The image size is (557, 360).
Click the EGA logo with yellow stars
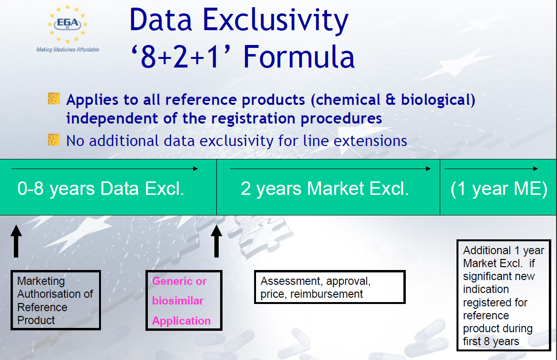67,24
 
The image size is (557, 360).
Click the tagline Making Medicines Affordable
67,50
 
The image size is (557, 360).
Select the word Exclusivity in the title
275,21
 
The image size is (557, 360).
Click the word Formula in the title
299,56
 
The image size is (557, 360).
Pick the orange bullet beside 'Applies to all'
54,99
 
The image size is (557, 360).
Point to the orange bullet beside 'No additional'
54,140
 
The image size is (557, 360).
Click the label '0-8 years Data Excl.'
101,189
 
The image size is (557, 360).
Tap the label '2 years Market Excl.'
325,189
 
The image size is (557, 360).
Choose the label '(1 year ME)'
499,189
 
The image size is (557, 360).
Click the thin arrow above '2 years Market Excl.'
330,169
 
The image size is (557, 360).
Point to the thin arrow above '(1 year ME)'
491,169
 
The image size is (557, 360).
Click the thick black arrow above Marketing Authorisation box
16,241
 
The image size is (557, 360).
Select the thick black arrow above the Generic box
216,241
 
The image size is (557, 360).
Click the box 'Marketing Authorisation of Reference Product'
56,300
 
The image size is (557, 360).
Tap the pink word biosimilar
178,301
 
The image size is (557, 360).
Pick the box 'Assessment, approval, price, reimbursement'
330,287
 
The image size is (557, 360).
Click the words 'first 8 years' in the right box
491,341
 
